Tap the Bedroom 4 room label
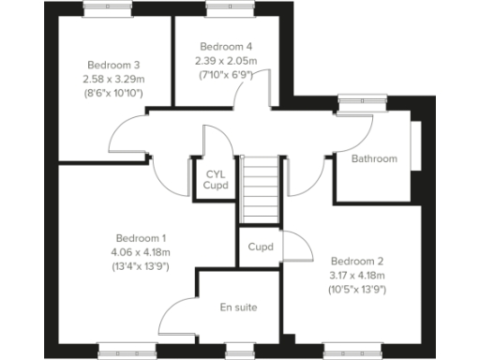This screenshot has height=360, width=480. [226, 47]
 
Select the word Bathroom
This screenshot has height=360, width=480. [374, 158]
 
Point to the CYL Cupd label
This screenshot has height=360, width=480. [216, 179]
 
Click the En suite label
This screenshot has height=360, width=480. [238, 307]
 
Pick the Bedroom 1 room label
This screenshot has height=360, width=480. [142, 238]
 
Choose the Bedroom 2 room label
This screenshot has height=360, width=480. [357, 261]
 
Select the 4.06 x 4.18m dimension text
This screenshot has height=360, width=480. [142, 252]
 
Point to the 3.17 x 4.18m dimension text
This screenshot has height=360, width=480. [357, 275]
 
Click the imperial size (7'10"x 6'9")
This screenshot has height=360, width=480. [226, 75]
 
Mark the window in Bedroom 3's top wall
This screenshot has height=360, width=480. [108, 8]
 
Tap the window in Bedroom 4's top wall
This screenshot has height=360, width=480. [225, 8]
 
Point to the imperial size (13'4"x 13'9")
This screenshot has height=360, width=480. [142, 266]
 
